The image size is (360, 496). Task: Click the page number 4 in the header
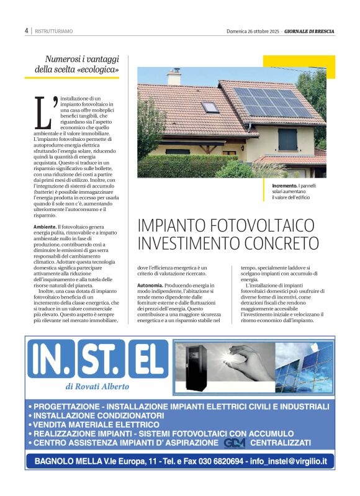point(27,30)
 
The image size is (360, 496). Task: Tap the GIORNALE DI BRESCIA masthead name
point(310,30)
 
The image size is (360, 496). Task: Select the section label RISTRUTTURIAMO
point(53,30)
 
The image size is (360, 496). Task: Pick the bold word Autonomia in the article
point(150,285)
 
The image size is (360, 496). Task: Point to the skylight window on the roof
point(210,107)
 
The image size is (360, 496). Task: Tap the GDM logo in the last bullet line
point(235,443)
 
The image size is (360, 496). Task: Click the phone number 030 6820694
point(217,461)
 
